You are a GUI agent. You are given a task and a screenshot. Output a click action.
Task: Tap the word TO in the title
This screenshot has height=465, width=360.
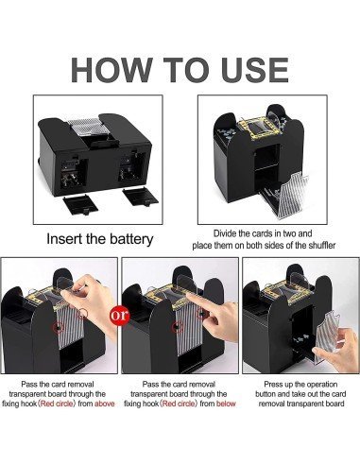click(180, 71)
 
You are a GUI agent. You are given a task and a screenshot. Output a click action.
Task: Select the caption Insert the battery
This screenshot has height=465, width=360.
click(100, 239)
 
